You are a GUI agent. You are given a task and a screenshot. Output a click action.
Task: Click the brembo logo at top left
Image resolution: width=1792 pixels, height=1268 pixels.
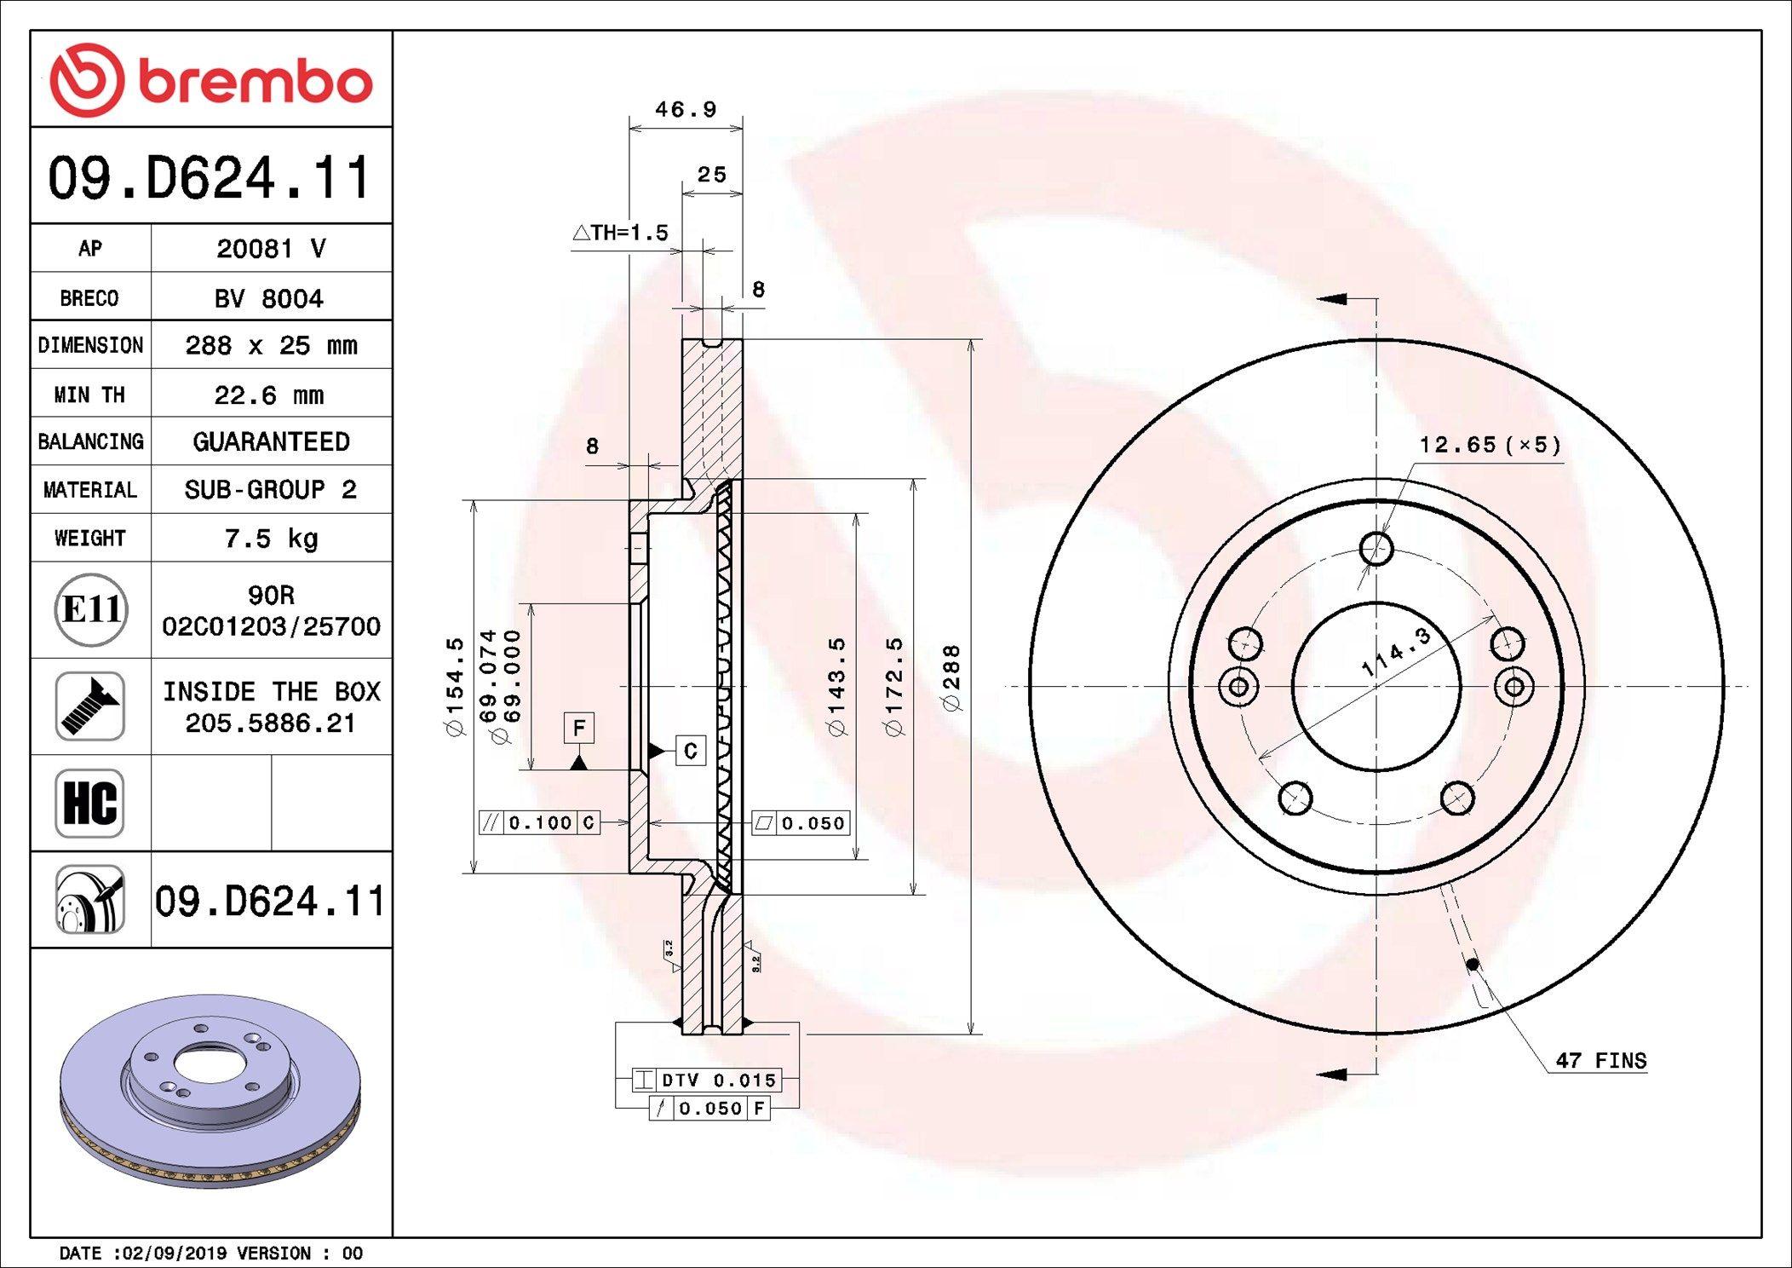tap(211, 80)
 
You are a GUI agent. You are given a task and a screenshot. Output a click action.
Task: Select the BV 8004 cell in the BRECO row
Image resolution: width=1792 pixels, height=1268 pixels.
tap(270, 298)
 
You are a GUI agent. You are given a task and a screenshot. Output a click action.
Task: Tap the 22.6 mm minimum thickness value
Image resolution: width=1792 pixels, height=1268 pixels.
tap(269, 395)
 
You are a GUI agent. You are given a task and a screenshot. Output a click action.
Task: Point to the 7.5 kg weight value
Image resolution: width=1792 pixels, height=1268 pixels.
tap(272, 539)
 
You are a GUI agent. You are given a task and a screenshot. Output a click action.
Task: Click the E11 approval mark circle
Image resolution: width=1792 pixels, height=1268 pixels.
tap(91, 610)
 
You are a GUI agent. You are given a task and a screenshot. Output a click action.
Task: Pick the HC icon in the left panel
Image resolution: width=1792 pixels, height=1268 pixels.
tap(90, 803)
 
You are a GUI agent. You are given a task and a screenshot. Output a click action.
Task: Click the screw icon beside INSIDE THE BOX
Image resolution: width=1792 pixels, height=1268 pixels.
tap(90, 706)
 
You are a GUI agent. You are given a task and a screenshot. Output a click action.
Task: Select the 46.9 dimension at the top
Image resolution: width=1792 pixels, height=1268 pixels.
tap(686, 109)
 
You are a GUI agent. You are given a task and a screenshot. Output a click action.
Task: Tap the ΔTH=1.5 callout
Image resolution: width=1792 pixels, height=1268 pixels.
tap(621, 232)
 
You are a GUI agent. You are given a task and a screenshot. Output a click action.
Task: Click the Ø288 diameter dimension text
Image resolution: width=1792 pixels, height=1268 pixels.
tap(951, 678)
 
